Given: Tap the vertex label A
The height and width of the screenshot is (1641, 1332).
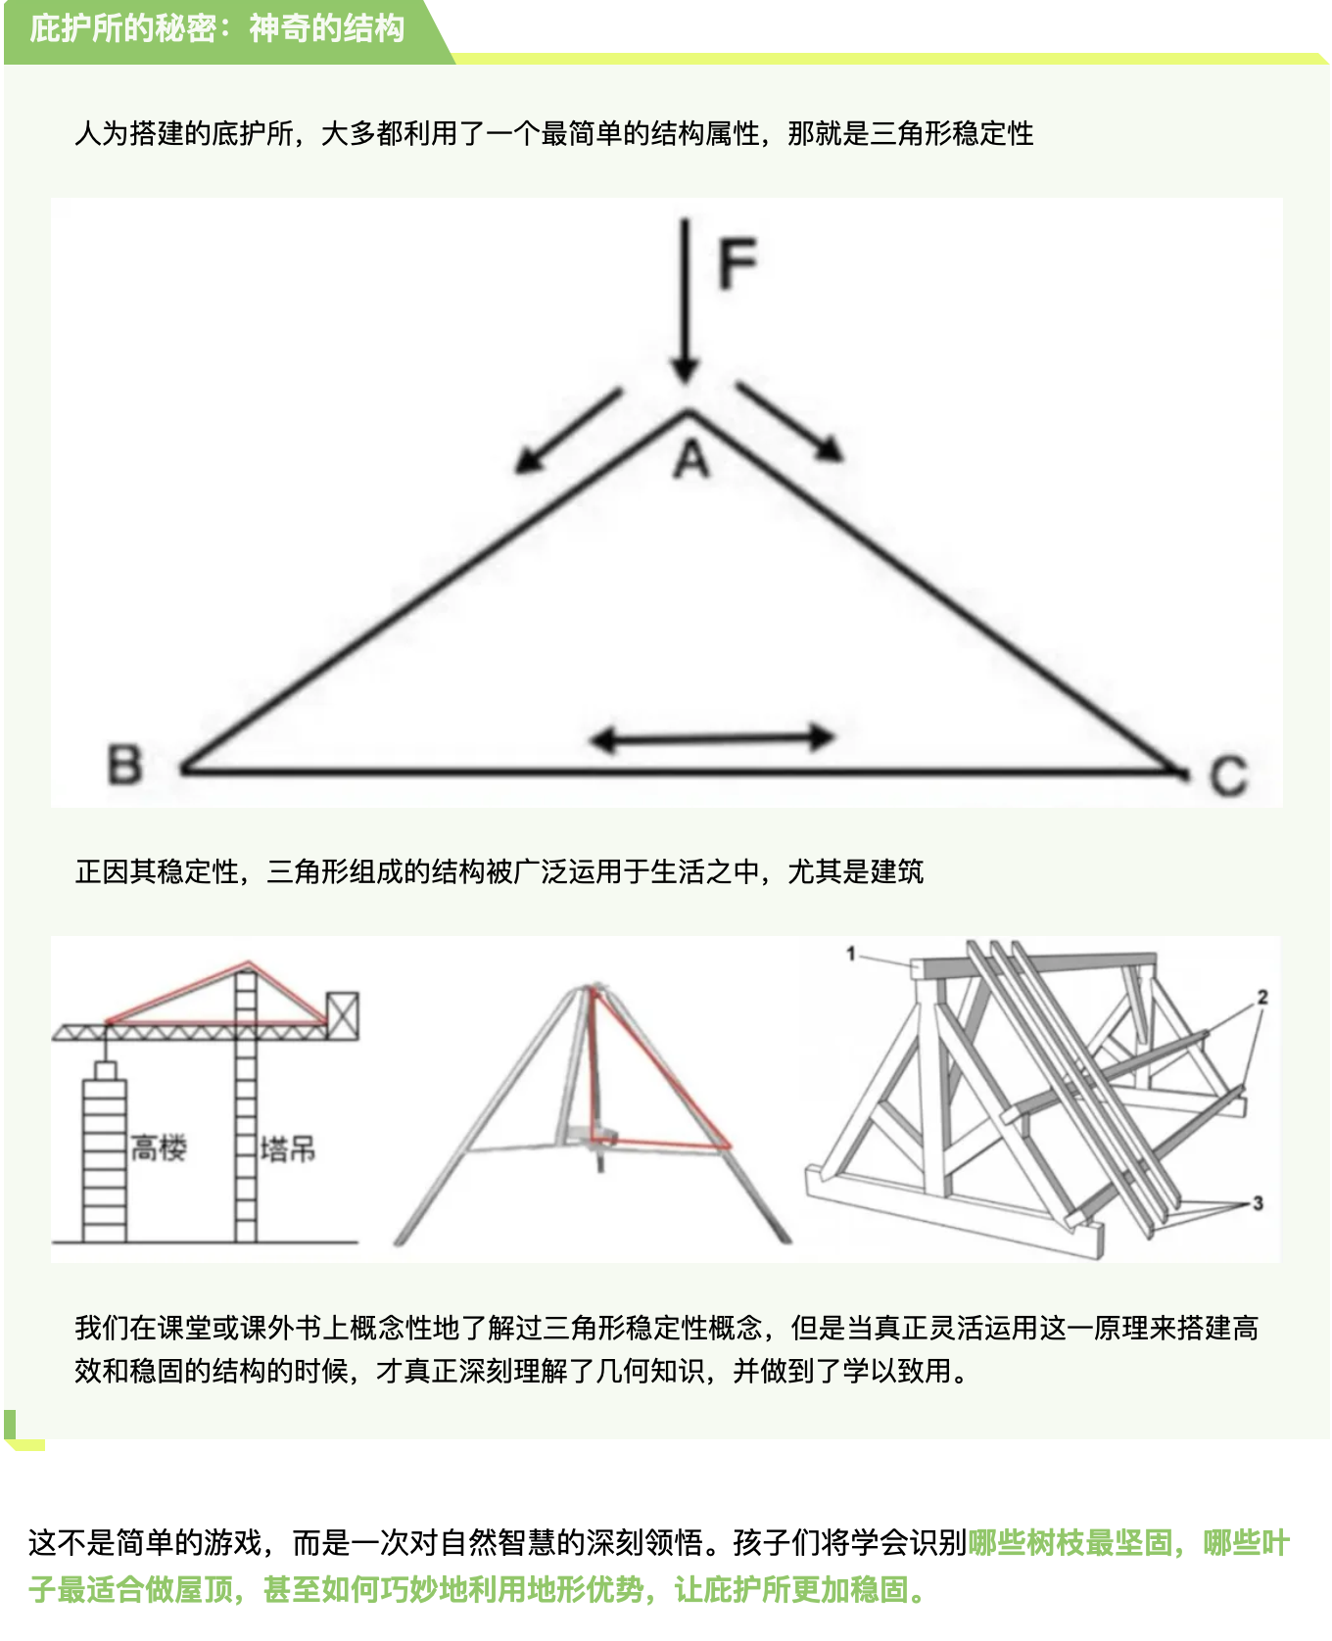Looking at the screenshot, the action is point(691,458).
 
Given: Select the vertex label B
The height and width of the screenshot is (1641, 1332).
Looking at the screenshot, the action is point(124,765).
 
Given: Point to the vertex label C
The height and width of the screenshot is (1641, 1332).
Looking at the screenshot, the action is point(1228,775).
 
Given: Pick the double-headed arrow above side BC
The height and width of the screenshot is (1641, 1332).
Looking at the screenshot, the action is point(713,738).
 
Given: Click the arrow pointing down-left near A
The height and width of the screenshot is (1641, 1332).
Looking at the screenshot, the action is point(569,431).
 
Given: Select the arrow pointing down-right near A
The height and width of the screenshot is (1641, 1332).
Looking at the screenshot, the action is point(789,421).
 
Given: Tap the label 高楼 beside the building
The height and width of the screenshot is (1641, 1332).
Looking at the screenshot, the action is point(159,1148).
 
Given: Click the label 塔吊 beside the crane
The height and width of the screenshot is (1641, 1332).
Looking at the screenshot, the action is point(288,1149).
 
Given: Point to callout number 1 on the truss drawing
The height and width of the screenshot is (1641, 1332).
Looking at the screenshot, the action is point(851,953).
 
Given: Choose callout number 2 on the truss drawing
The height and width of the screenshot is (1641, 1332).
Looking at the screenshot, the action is point(1262,997).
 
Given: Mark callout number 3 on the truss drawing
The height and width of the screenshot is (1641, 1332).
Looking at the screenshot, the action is point(1259,1203).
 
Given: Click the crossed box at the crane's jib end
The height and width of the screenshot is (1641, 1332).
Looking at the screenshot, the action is point(343,1015).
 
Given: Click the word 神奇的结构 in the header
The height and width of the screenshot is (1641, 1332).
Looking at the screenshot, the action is point(326,27).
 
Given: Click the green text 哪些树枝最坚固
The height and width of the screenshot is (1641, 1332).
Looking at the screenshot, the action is point(1070,1543).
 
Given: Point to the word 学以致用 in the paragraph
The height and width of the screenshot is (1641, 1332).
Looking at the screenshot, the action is point(897,1371).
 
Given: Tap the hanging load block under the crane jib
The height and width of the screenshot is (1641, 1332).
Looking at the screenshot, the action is point(105,1070).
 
